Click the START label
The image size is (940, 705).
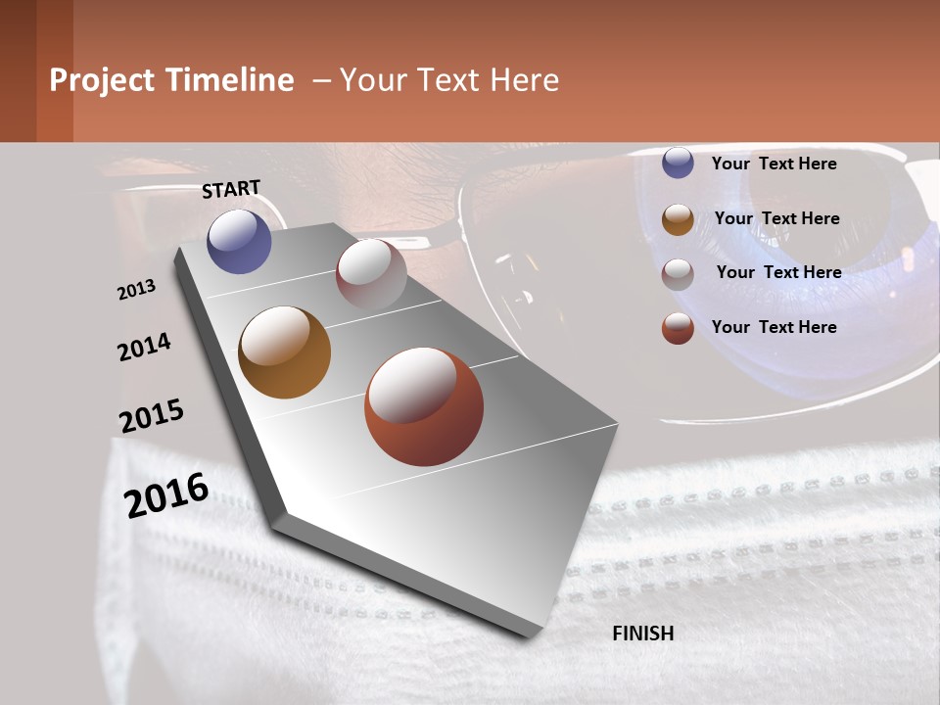click(231, 189)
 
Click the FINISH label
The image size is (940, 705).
click(642, 634)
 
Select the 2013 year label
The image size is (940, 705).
click(136, 290)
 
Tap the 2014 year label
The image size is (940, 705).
click(144, 348)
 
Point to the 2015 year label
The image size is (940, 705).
click(152, 416)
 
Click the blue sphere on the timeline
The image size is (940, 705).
click(239, 242)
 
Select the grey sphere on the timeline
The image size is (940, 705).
click(371, 275)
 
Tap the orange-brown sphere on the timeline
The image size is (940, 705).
click(284, 352)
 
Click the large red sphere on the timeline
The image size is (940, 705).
click(424, 406)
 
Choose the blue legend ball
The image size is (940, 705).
click(678, 164)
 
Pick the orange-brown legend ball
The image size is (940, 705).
click(678, 219)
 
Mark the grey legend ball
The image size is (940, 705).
click(678, 274)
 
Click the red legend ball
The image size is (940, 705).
click(678, 329)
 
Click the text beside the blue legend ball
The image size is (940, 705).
click(774, 164)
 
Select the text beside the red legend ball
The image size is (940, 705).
click(774, 327)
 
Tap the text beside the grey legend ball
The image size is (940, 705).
click(778, 272)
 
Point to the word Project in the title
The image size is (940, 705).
click(103, 80)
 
